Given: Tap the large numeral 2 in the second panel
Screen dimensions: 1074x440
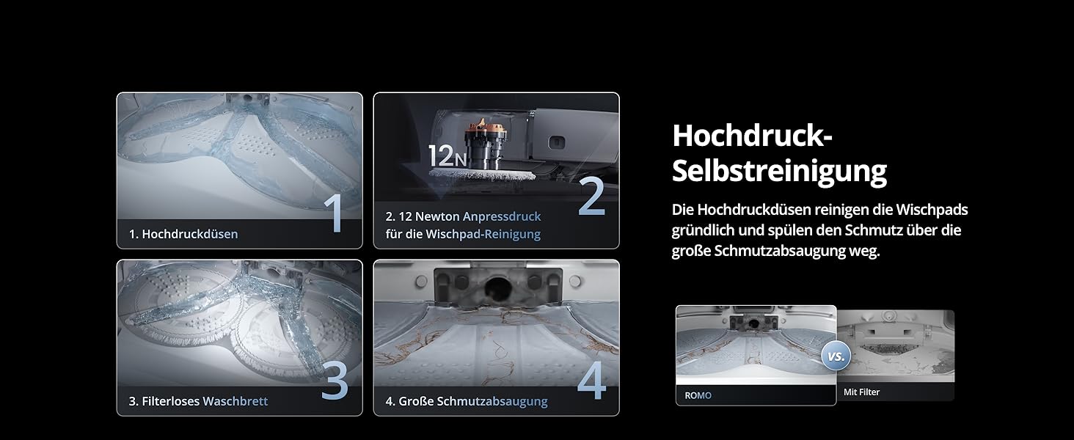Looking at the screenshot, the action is pyautogui.click(x=591, y=197).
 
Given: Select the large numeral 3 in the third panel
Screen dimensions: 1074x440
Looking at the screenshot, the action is pyautogui.click(x=335, y=381).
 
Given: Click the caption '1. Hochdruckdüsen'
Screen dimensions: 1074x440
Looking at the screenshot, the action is pyautogui.click(x=183, y=234).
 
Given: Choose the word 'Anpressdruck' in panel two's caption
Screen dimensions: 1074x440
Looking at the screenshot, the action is pyautogui.click(x=502, y=216).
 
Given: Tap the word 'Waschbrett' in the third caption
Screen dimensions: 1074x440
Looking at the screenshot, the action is pyautogui.click(x=235, y=401).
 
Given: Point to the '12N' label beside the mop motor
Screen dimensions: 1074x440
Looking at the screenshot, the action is pyautogui.click(x=447, y=155).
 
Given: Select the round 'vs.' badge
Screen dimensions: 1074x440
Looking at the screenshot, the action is pyautogui.click(x=836, y=356).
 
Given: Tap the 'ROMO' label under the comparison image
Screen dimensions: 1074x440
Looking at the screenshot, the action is pyautogui.click(x=698, y=395).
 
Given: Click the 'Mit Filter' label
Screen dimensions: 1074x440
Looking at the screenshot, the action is pyautogui.click(x=861, y=392).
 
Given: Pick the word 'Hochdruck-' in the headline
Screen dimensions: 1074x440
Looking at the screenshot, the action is pyautogui.click(x=751, y=136).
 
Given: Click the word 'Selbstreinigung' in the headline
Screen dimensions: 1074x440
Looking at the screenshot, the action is pyautogui.click(x=779, y=171).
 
